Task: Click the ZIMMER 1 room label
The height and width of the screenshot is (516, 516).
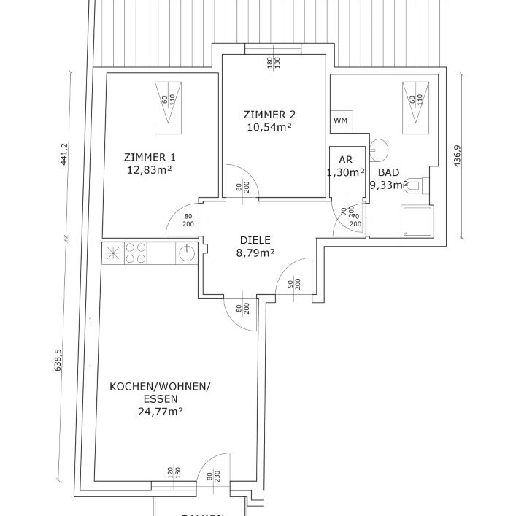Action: point(150,157)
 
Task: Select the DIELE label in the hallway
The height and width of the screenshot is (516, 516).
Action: point(255,239)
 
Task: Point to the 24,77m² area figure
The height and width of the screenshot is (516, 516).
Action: point(160,411)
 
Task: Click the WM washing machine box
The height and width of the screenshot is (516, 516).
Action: point(340,121)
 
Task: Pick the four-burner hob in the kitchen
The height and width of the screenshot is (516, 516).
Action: point(135,253)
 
